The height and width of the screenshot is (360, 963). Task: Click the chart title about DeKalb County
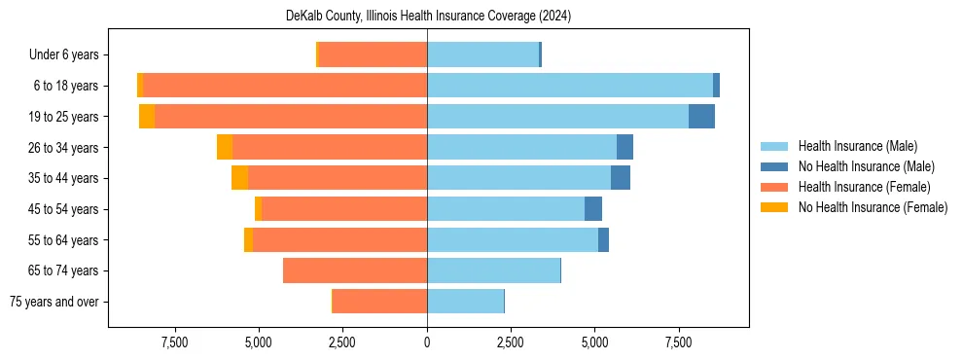point(428,17)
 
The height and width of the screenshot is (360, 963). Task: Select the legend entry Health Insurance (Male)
point(856,146)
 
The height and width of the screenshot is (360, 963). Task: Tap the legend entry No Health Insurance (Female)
point(873,207)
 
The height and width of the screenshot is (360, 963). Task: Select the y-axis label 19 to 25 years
point(64,117)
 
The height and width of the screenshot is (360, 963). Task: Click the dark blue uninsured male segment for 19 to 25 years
point(701,117)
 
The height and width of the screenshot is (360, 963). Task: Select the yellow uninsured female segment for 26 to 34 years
point(225,147)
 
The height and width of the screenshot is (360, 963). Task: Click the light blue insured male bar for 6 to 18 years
point(569,86)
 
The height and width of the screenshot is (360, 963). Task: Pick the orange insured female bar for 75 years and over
point(379,302)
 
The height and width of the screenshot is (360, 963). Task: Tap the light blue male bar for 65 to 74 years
point(493,270)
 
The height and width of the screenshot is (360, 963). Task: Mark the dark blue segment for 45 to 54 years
point(593,209)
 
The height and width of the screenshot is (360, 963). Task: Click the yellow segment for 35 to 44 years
point(239,178)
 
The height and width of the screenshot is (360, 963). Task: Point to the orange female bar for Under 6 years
point(373,55)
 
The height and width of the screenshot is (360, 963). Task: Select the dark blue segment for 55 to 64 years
point(603,239)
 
